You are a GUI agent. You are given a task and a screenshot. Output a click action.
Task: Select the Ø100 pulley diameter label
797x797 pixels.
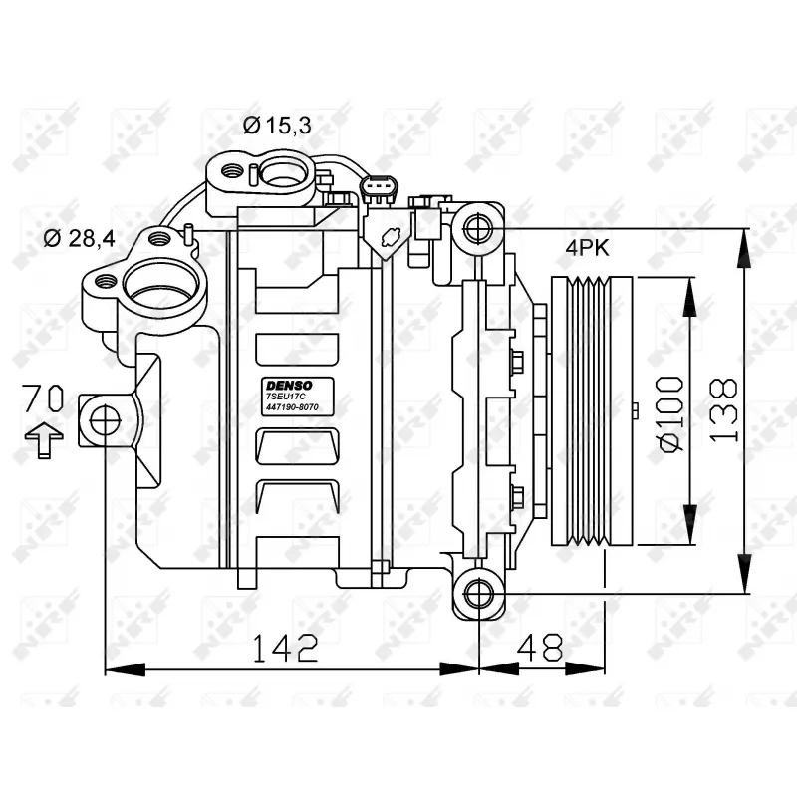click(x=670, y=412)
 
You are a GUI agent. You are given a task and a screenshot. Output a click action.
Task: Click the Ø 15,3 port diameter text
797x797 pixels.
click(x=276, y=125)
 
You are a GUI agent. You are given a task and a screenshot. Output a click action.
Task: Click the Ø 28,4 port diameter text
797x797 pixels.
click(x=80, y=238)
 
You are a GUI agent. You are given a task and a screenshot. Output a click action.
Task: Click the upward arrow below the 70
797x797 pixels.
click(x=43, y=438)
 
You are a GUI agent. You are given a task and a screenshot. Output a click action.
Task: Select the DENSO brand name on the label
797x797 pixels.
click(x=289, y=384)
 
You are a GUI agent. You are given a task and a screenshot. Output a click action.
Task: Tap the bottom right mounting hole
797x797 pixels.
click(x=479, y=593)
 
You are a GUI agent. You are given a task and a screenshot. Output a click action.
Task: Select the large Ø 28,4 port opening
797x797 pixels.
click(x=162, y=285)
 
